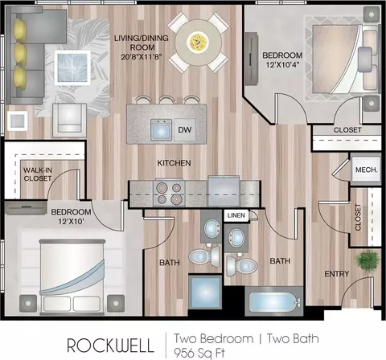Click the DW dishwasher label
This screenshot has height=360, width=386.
[185, 130]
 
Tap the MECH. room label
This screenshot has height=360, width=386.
[366, 170]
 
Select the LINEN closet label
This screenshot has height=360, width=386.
[236, 215]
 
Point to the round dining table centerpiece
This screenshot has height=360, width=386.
[199, 42]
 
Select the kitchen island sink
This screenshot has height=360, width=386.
[161, 130]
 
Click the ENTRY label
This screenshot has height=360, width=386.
[337, 274]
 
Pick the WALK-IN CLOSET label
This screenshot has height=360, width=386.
[38, 174]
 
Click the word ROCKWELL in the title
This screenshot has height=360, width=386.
[110, 346]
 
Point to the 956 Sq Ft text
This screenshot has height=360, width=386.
[199, 353]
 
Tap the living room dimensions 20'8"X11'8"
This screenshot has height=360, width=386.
[142, 56]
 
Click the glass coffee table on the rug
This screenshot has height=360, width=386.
[72, 67]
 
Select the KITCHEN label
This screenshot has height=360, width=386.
[174, 163]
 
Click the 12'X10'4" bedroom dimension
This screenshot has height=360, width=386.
[282, 64]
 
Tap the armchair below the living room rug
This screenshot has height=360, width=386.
[69, 121]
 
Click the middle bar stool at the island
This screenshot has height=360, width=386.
[166, 100]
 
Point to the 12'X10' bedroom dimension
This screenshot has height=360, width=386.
[71, 222]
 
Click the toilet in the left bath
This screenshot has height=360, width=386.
[204, 256]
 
